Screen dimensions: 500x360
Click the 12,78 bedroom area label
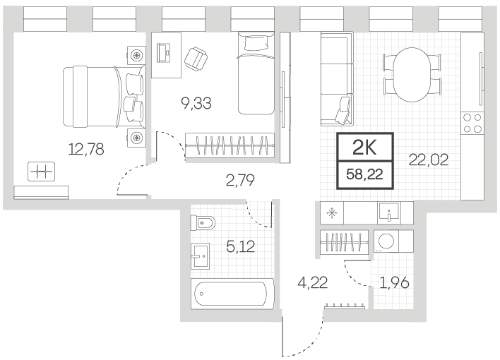click(86, 149)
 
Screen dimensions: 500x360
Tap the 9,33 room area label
click(196, 103)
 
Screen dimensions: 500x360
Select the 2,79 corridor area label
click(240, 180)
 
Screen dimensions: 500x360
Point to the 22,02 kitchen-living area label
click(429, 160)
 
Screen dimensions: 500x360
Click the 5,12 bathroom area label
click(240, 246)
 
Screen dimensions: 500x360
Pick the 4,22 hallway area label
click(312, 282)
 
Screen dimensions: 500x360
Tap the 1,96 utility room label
click(394, 282)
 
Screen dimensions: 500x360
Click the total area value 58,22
click(365, 175)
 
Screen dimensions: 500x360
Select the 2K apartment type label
click(365, 148)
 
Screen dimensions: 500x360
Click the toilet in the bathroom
click(203, 222)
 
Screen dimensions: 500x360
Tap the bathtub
click(232, 294)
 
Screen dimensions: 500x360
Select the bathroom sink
click(201, 256)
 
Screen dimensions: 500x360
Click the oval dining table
click(412, 75)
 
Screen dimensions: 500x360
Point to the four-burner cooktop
click(472, 123)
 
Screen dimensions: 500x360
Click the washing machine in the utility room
click(386, 241)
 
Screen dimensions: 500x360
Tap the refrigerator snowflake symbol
click(332, 212)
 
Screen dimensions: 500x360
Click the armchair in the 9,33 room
click(196, 59)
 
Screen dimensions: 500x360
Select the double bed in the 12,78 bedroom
click(105, 96)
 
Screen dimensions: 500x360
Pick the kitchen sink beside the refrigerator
click(389, 212)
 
